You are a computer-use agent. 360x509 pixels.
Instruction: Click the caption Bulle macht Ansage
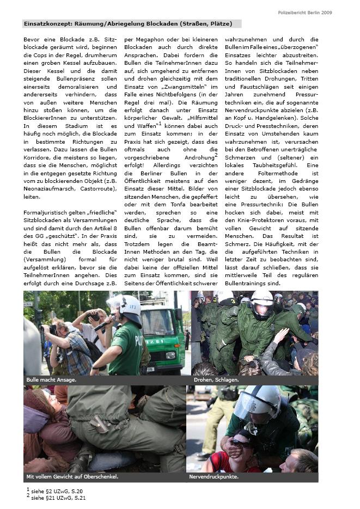(x=51, y=379)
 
